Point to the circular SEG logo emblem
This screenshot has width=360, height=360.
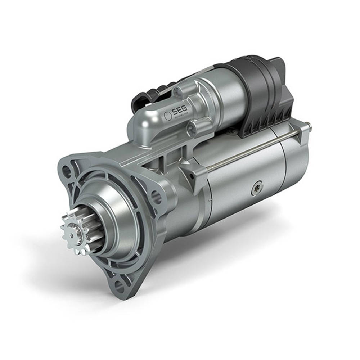click(167, 116)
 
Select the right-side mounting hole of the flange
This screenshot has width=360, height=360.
click(156, 197)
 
